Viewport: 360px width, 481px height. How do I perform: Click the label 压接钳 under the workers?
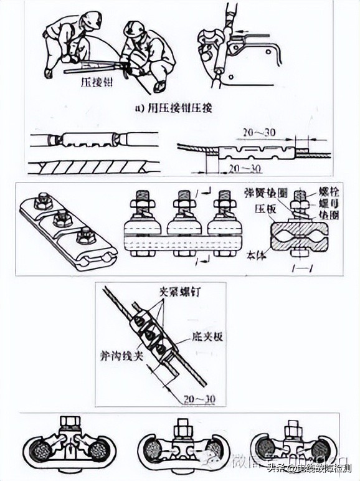tap(95, 81)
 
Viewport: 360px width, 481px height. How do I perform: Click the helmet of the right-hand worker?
tap(133, 29)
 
